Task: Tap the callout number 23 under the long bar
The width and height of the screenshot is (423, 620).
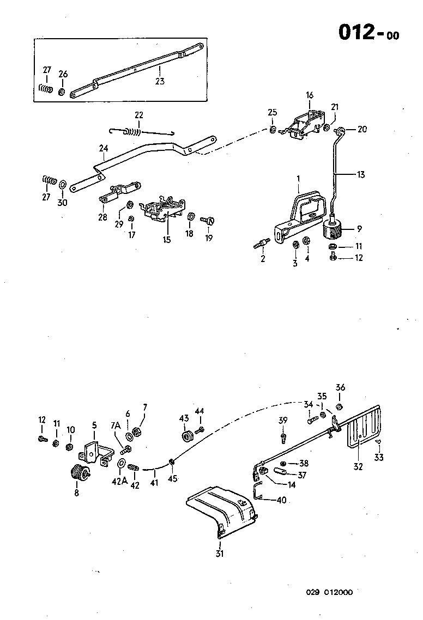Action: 159,81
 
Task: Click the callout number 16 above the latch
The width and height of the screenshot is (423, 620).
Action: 310,95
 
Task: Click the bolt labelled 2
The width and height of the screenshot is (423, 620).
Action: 261,243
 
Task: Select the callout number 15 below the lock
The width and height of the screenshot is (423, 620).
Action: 166,239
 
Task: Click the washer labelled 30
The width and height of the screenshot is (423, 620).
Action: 63,183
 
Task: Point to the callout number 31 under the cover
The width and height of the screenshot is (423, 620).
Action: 220,555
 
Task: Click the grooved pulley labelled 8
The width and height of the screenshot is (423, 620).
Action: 81,473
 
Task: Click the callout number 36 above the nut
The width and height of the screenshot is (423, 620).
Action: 340,388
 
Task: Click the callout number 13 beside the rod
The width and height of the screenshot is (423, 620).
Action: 361,174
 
